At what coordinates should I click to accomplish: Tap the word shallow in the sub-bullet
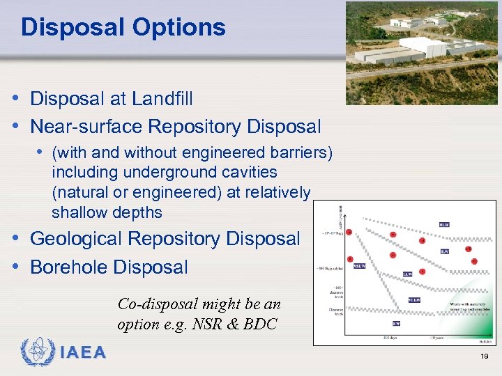tap(76, 212)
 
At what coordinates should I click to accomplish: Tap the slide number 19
tap(484, 357)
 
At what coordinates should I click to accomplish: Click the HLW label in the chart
tap(444, 225)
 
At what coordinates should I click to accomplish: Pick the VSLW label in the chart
tap(360, 265)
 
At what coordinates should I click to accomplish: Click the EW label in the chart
tap(395, 323)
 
